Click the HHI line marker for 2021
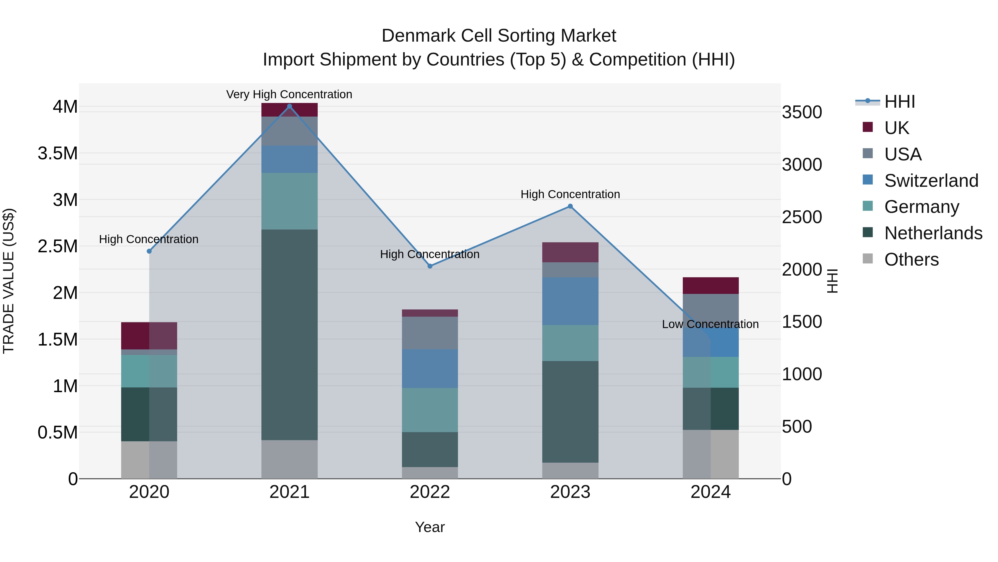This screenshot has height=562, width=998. (x=289, y=106)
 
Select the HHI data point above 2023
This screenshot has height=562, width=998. (x=570, y=206)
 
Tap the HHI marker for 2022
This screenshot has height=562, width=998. (x=430, y=266)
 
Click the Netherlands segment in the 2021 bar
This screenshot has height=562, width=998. (x=289, y=334)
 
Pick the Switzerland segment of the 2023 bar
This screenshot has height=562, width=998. (x=570, y=301)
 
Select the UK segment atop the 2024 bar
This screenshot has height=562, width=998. (x=710, y=286)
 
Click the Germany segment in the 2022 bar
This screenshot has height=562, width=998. (x=430, y=410)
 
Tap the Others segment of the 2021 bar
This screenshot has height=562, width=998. (x=289, y=459)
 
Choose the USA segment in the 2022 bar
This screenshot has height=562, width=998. (x=430, y=333)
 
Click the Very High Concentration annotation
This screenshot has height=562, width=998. (x=289, y=94)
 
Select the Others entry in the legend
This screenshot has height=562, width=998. (x=911, y=259)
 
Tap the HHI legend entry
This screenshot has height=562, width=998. (x=899, y=101)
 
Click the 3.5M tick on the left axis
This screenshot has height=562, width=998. (x=58, y=153)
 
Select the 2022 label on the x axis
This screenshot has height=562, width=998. (x=430, y=492)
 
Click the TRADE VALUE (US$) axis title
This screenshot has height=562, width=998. (x=9, y=281)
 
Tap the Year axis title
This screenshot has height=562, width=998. (x=430, y=527)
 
